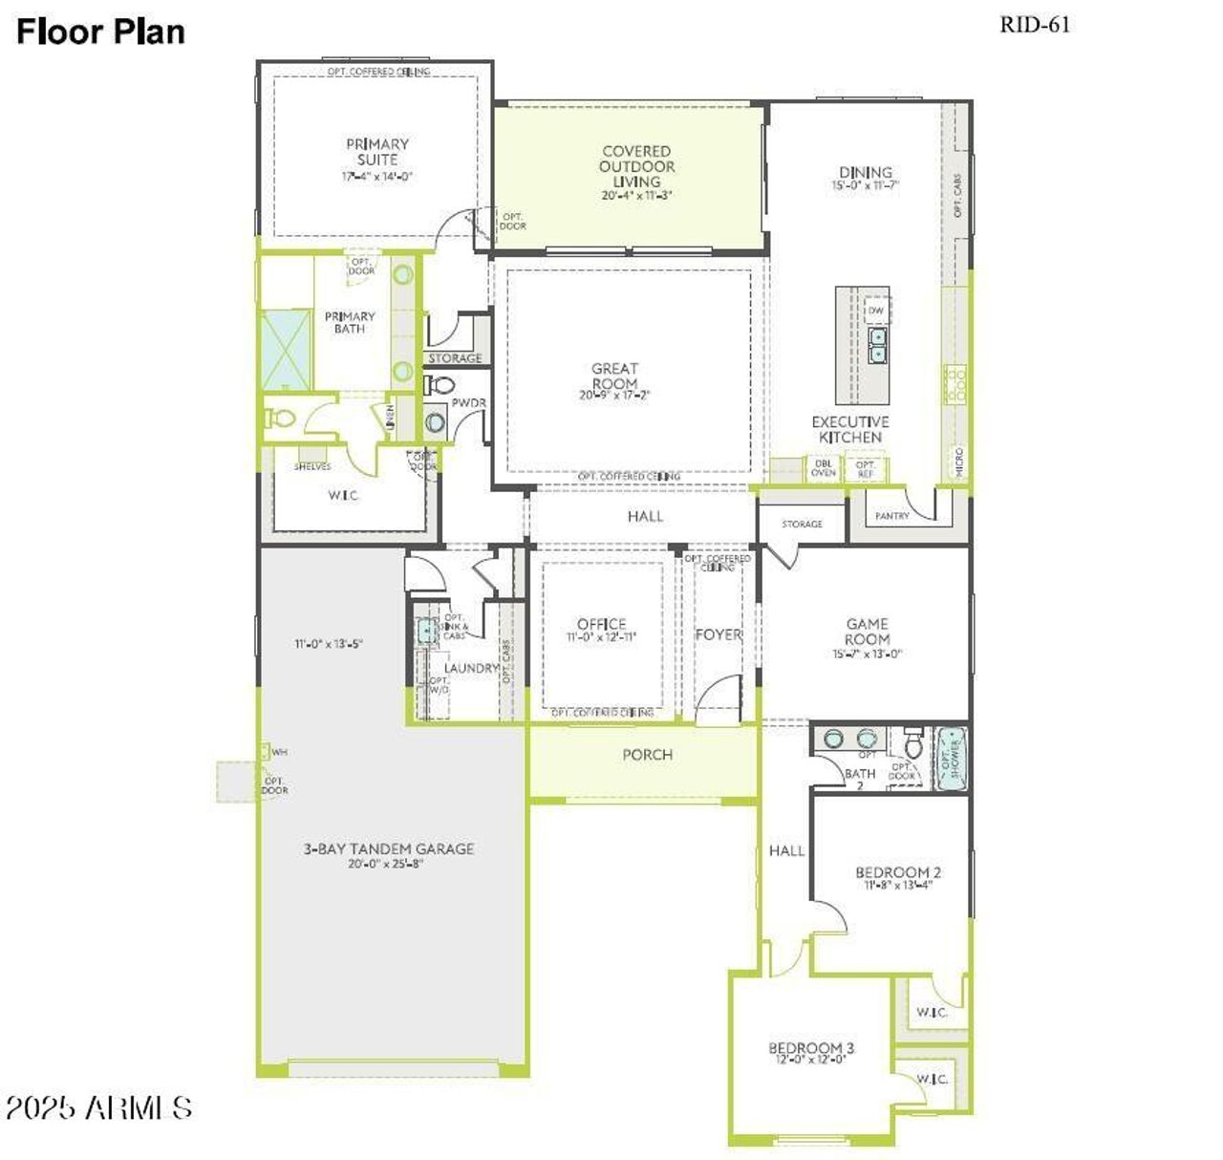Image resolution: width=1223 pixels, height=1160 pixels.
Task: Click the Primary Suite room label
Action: click(377, 152)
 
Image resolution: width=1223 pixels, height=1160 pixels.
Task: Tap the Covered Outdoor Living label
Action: click(636, 166)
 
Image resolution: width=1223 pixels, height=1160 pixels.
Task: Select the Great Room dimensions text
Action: click(613, 396)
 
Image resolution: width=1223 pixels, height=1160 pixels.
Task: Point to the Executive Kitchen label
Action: click(849, 429)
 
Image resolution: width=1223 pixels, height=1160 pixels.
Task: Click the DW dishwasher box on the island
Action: click(875, 311)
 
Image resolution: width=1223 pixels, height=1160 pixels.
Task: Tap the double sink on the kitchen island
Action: click(877, 345)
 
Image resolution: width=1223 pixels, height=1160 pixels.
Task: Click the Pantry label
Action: click(892, 516)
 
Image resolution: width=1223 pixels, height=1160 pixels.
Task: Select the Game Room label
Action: click(867, 632)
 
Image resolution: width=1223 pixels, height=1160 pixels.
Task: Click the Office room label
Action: click(601, 624)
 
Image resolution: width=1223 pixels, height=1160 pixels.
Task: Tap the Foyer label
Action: click(718, 634)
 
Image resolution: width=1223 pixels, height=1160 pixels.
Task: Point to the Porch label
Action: click(647, 755)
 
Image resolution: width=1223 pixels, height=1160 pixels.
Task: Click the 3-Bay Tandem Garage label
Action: click(389, 849)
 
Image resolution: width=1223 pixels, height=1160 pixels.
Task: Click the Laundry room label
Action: click(471, 668)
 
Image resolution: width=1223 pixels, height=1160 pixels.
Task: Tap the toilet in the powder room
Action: click(440, 386)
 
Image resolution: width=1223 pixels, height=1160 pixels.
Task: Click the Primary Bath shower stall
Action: click(286, 349)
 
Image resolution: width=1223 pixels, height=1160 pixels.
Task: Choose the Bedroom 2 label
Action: click(898, 872)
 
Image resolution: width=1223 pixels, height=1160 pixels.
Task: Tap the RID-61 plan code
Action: click(1035, 25)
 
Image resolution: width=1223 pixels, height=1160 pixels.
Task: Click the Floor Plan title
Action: click(100, 32)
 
